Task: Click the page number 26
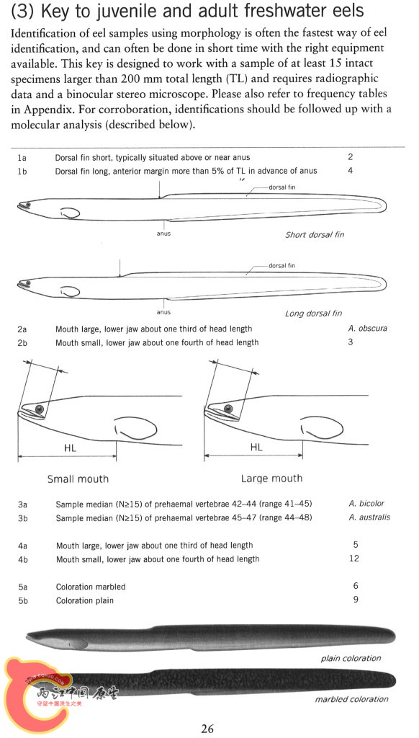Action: pos(207,729)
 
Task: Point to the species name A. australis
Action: pos(369,517)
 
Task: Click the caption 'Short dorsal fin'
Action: pos(315,234)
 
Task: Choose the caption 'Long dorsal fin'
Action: pos(314,314)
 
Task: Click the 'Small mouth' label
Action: pos(78,479)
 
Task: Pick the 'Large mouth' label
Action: pos(272,479)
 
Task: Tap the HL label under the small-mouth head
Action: pos(70,448)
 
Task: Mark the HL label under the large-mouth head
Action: pos(256,448)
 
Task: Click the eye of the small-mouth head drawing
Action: pos(40,409)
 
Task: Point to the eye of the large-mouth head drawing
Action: pos(228,408)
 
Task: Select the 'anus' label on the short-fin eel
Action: pos(163,234)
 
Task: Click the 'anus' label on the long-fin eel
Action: pos(163,312)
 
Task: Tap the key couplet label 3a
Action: pos(22,504)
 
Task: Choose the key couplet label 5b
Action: pos(23,600)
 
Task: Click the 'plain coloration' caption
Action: pos(351,658)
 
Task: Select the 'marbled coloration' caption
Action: pos(352,699)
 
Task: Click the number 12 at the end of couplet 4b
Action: pos(354,559)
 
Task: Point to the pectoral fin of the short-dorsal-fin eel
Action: pos(70,213)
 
